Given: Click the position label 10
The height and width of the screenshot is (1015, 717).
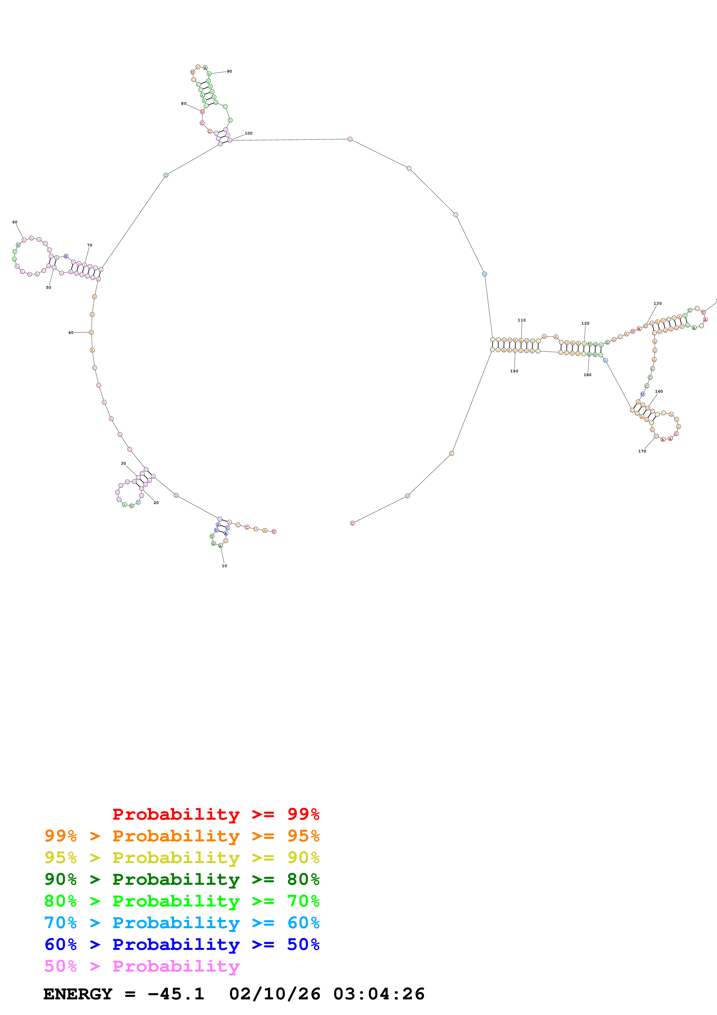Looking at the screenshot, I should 224,566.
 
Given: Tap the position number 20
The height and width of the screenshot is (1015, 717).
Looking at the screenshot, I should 156,503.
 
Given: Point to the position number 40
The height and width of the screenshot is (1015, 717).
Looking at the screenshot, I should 71,332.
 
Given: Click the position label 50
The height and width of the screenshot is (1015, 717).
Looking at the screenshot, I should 49,287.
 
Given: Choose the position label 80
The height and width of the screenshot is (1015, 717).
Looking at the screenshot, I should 183,104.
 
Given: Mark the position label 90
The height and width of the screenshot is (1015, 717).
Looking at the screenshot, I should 229,71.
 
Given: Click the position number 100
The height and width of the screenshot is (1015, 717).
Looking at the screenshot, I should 249,133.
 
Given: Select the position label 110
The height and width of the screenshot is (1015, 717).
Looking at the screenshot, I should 522,320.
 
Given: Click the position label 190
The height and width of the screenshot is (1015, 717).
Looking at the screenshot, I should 514,371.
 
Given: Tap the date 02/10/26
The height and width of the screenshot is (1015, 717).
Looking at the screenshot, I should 274,994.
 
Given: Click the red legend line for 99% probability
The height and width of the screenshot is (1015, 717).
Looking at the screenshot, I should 215,814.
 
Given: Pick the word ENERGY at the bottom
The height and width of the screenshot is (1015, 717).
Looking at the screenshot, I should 78,994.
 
